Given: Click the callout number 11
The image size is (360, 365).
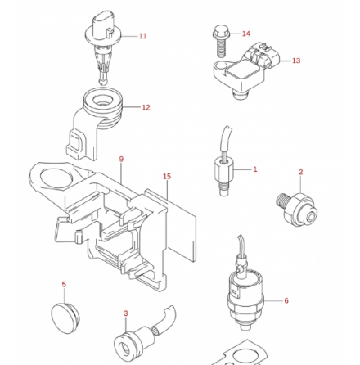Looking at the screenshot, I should (x=143, y=36).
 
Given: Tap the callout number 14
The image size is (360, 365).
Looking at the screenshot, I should (x=246, y=34).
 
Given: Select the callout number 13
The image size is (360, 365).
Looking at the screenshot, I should (x=296, y=61).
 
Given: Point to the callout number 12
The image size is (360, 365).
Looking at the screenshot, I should (x=146, y=107).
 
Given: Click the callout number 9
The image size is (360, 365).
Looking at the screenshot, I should (x=121, y=160).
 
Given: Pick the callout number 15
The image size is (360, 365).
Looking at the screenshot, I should (x=167, y=176).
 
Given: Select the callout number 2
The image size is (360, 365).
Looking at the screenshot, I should (x=300, y=173).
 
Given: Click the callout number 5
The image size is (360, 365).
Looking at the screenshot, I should (x=64, y=285).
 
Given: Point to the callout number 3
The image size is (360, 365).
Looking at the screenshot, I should (x=125, y=313).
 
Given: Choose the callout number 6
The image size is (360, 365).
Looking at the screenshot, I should (x=286, y=300).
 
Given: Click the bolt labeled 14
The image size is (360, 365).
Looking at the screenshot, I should (x=219, y=43).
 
